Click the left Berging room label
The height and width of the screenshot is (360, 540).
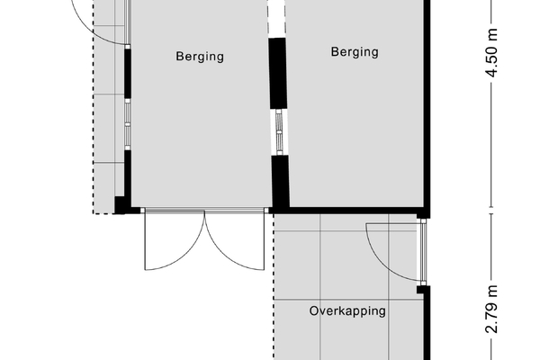tap(200, 57)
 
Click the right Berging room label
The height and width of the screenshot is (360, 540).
tap(355, 52)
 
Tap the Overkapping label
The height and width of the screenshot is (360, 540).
tap(347, 311)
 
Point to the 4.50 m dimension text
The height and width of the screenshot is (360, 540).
tap(492, 53)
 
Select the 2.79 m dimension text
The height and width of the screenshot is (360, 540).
tap(492, 309)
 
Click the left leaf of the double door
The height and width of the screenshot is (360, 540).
tap(175, 240)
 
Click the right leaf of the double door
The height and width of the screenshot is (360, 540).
tap(235, 240)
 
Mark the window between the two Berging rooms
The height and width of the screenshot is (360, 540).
tap(279, 132)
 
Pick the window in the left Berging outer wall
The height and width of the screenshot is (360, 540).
tap(128, 124)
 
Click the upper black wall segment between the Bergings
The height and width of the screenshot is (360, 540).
tap(278, 73)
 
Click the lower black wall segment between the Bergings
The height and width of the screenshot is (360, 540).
tap(280, 181)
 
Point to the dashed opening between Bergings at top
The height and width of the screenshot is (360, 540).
tap(276, 16)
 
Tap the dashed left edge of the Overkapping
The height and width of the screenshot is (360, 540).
tap(274, 286)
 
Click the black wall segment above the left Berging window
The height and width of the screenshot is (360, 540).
tap(128, 74)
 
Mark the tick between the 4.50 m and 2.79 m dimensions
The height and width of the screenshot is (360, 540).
tap(491, 211)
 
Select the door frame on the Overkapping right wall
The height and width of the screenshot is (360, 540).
tap(423, 252)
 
